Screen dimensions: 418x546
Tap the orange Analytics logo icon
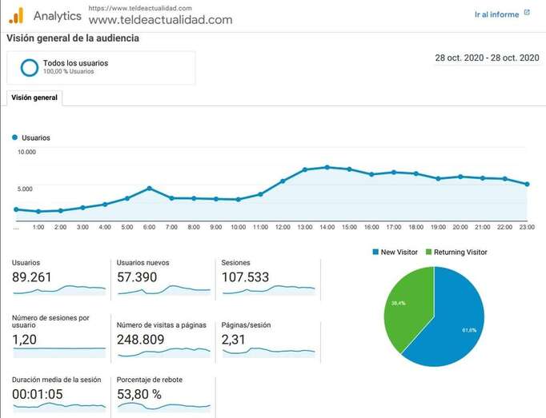tap(16, 15)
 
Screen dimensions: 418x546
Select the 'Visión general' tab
tap(34, 98)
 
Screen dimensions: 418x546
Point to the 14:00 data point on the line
tap(327, 167)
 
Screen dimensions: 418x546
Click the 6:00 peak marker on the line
tap(149, 189)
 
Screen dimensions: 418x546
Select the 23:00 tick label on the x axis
tap(527, 227)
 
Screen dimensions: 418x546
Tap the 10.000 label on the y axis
tap(27, 152)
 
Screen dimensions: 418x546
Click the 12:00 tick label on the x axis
tap(283, 227)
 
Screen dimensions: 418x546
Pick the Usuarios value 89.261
tap(36, 277)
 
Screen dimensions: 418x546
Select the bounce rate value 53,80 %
tap(139, 394)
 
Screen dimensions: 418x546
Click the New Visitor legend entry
tap(395, 252)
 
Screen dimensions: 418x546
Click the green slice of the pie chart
tap(407, 308)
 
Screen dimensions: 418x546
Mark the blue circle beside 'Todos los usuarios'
tap(30, 68)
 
